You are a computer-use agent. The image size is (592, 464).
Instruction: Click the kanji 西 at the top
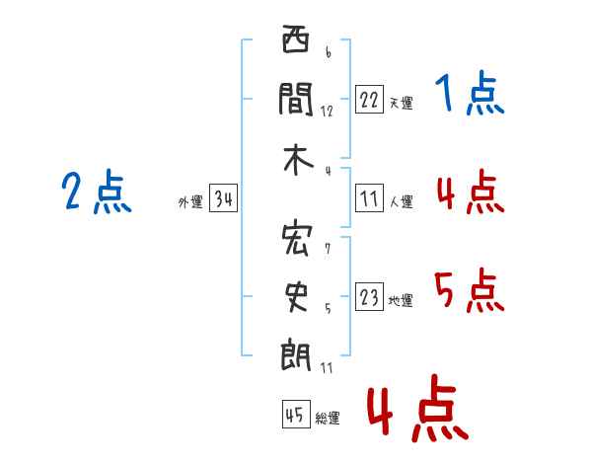[295, 41]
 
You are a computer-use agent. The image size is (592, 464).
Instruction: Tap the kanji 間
[295, 99]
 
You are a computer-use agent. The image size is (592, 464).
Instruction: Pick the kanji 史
[295, 297]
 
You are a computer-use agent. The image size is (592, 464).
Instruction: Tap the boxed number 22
[369, 101]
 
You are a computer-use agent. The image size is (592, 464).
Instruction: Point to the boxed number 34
[223, 200]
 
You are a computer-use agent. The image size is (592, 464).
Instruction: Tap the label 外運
[189, 202]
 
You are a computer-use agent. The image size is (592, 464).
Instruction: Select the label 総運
[328, 419]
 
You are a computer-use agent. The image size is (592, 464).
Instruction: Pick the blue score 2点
[97, 192]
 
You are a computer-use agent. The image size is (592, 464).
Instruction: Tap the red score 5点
[470, 291]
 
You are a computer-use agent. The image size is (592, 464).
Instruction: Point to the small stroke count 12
[327, 111]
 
